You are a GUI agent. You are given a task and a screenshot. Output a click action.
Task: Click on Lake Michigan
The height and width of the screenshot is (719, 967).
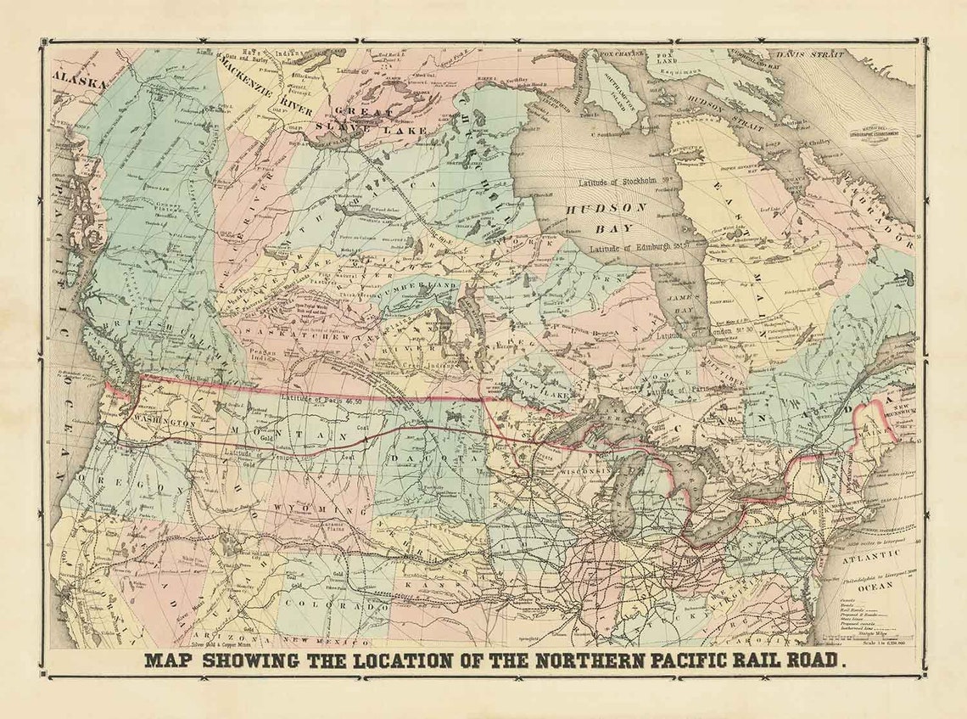(x=629, y=501)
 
